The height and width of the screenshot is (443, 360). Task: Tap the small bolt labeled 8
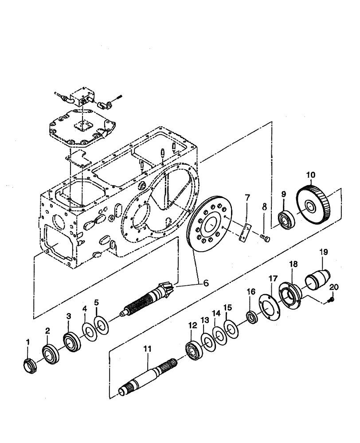pos(265,239)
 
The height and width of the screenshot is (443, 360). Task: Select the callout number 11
pos(147,350)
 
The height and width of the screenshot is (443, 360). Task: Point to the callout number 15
pos(227,307)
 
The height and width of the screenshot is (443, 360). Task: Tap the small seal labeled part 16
pos(252,317)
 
